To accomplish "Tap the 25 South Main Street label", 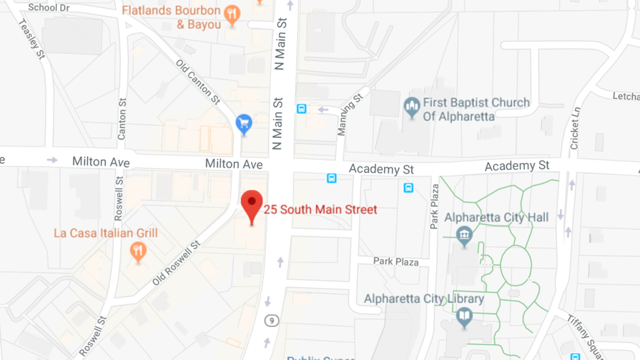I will (x=321, y=210).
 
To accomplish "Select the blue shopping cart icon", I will (x=244, y=125).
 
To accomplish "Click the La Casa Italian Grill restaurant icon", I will (x=138, y=250).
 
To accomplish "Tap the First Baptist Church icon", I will (x=411, y=108).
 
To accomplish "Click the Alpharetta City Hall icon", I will (x=465, y=236).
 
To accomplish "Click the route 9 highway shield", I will (x=271, y=321).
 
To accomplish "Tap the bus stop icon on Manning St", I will (x=302, y=109).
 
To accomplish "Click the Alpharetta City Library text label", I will (x=424, y=299).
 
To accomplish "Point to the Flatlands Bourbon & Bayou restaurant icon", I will (x=231, y=14).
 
